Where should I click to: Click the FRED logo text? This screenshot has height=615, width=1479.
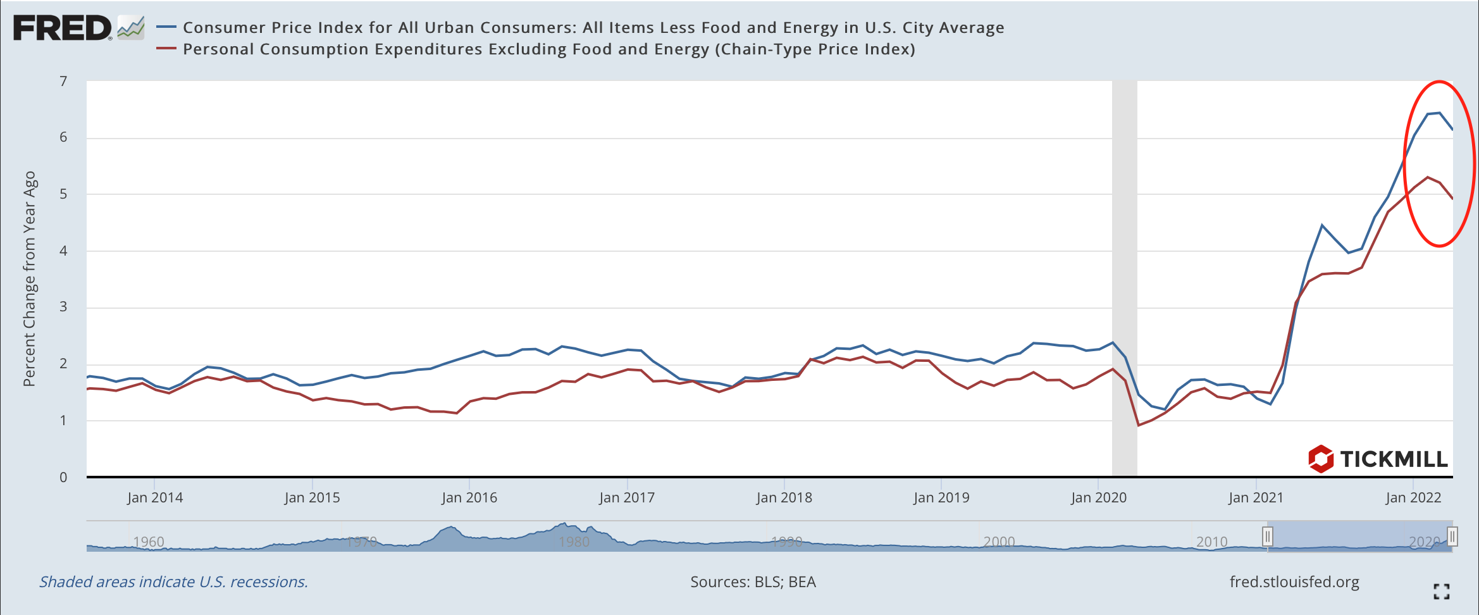pyautogui.click(x=62, y=28)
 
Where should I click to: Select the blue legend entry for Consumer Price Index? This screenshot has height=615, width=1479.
pyautogui.click(x=593, y=28)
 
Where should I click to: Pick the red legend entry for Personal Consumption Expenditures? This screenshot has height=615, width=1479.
pyautogui.click(x=548, y=49)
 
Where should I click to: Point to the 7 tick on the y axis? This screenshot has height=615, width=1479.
pyautogui.click(x=63, y=81)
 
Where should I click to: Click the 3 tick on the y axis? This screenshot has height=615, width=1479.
pyautogui.click(x=63, y=307)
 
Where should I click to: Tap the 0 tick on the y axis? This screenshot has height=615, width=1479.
pyautogui.click(x=63, y=478)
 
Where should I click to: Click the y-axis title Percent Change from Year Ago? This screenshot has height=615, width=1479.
pyautogui.click(x=30, y=278)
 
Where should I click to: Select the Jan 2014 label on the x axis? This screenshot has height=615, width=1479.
pyautogui.click(x=155, y=497)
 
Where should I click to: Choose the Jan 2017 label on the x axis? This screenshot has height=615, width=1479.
pyautogui.click(x=627, y=497)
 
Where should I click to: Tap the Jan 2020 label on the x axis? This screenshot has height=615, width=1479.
pyautogui.click(x=1099, y=497)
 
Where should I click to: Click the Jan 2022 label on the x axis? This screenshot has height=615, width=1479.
pyautogui.click(x=1413, y=497)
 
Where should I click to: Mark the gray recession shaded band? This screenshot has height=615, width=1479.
pyautogui.click(x=1125, y=278)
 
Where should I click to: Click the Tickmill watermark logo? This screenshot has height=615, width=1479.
pyautogui.click(x=1378, y=459)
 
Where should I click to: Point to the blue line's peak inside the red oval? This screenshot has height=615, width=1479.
pyautogui.click(x=1439, y=113)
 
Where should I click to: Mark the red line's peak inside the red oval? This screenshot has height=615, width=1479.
pyautogui.click(x=1427, y=177)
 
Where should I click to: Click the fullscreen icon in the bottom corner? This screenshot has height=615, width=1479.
pyautogui.click(x=1442, y=592)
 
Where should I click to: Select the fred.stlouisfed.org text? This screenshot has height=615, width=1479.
pyautogui.click(x=1294, y=582)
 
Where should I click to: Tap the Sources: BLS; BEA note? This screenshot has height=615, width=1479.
pyautogui.click(x=753, y=582)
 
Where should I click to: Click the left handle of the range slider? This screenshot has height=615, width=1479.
pyautogui.click(x=1267, y=537)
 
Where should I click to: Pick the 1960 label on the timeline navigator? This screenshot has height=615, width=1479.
pyautogui.click(x=149, y=542)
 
